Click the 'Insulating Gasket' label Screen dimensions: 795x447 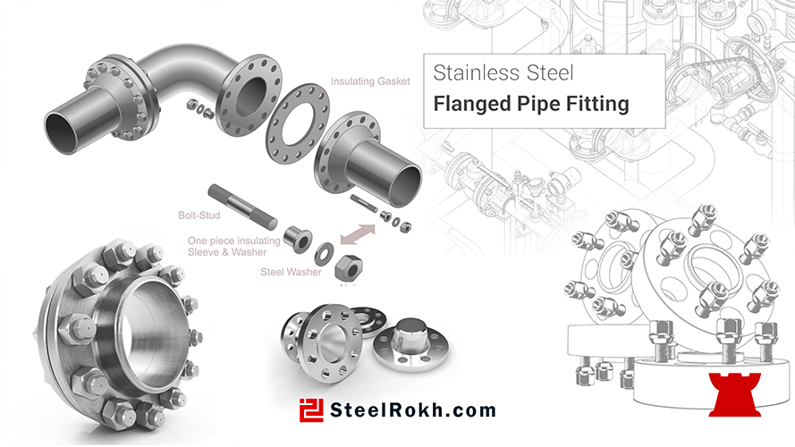(370, 81)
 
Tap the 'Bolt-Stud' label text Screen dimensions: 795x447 (199, 215)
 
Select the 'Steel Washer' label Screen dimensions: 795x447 (291, 272)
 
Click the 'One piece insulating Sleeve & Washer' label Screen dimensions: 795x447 (233, 247)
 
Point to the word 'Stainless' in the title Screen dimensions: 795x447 (476, 73)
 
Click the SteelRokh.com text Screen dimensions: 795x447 (413, 410)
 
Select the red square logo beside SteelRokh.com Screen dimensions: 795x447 (311, 410)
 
